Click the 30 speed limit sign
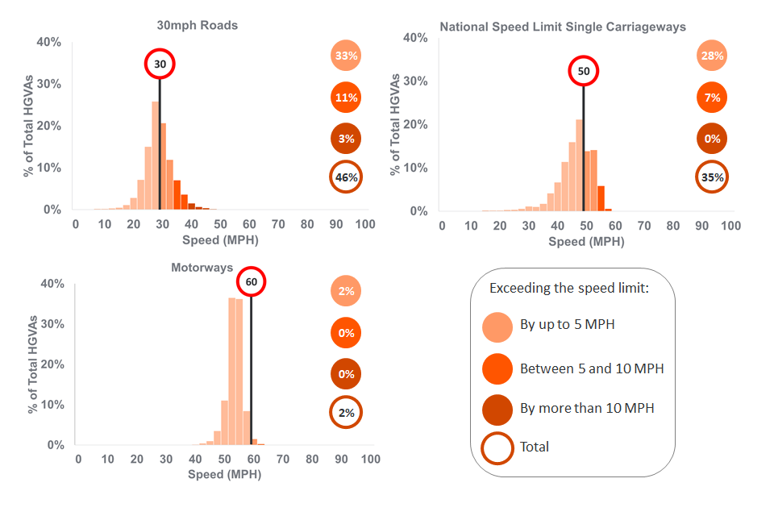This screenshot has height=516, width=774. click(160, 64)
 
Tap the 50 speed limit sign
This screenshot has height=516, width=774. click(584, 71)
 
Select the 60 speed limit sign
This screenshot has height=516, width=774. click(251, 282)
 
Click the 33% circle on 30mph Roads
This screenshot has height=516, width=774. click(346, 56)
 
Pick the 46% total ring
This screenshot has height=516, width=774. click(346, 177)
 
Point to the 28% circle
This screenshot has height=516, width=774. click(712, 56)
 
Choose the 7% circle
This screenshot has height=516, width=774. click(712, 98)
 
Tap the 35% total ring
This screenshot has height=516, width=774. click(712, 177)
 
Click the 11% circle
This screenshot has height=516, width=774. click(346, 98)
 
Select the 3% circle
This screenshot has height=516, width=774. click(346, 139)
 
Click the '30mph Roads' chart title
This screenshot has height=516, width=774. click(198, 25)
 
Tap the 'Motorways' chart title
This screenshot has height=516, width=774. click(202, 267)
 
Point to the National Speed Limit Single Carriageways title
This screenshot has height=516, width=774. click(563, 27)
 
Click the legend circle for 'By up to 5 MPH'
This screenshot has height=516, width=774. click(497, 327)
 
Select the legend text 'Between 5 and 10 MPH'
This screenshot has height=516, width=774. click(592, 368)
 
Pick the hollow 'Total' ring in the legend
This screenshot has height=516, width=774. click(497, 447)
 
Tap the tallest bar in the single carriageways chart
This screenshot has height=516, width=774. click(579, 165)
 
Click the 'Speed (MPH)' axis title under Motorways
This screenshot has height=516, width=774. click(224, 474)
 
